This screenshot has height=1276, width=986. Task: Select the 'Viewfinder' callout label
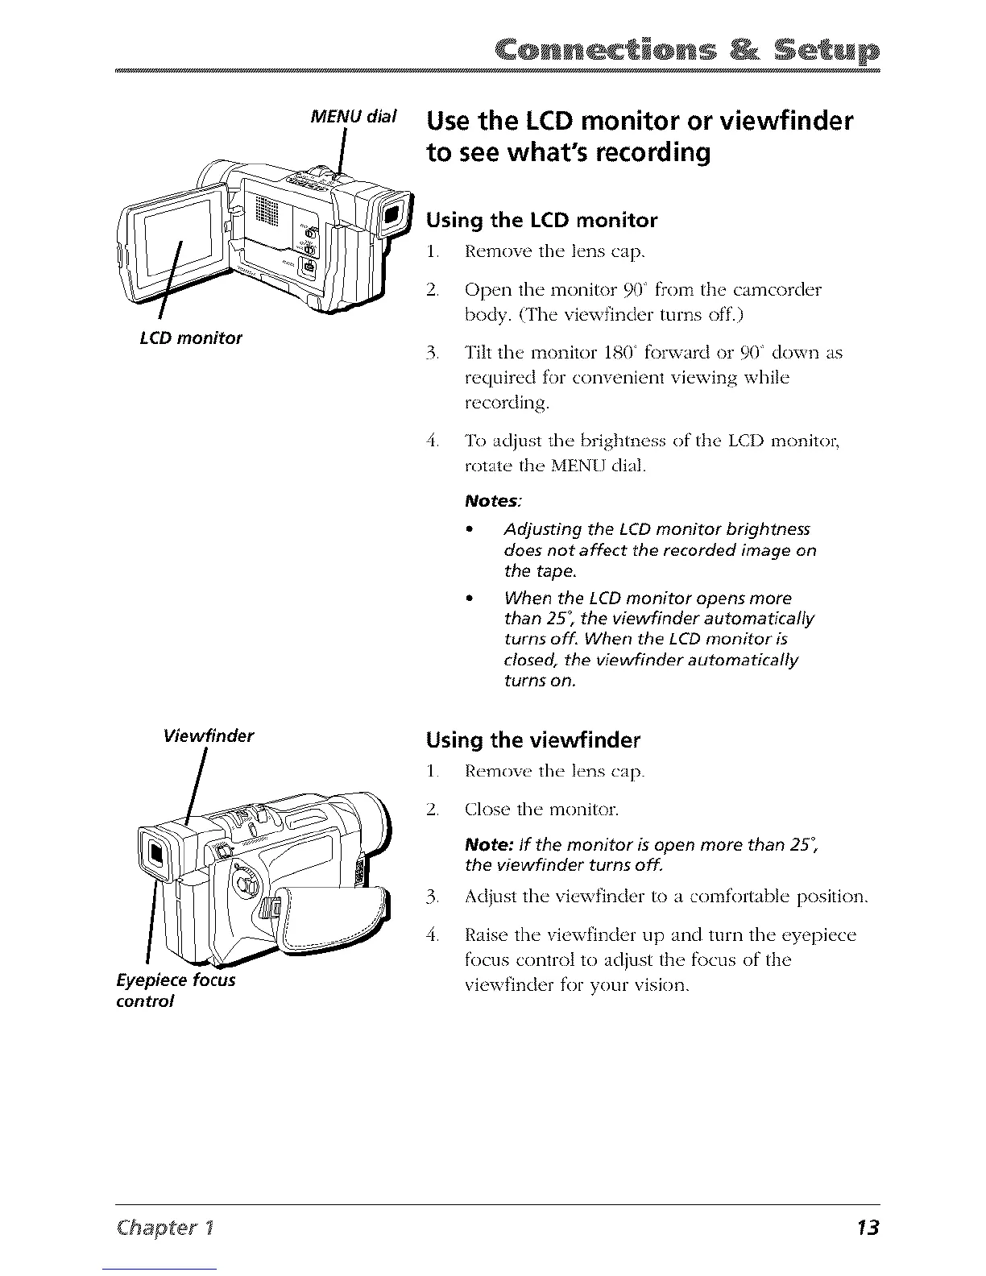coord(209,735)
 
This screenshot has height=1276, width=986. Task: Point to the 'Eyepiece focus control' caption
coord(176,990)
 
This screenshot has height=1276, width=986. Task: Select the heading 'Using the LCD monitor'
coord(541,220)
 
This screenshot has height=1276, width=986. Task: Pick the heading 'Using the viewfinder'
coord(532,739)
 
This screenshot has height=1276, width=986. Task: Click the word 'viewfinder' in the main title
coord(778,122)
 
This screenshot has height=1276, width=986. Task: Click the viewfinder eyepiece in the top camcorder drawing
coord(392,214)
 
